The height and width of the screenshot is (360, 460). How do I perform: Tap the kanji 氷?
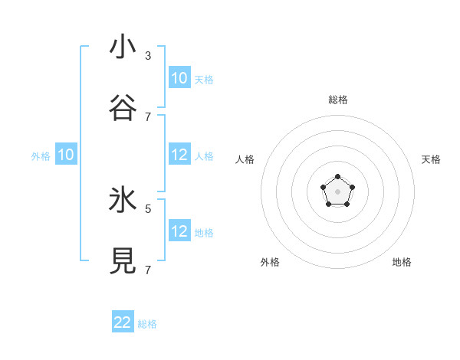pyautogui.click(x=123, y=200)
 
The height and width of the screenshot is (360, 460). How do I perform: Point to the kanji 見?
pyautogui.click(x=123, y=261)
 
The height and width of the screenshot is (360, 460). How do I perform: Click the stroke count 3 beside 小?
pyautogui.click(x=148, y=56)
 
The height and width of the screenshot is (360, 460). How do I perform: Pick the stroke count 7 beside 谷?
pyautogui.click(x=148, y=117)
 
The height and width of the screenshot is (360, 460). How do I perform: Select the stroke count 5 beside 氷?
pyautogui.click(x=148, y=208)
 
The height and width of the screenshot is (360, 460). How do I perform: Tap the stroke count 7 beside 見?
pyautogui.click(x=148, y=270)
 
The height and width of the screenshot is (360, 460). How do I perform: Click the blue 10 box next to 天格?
pyautogui.click(x=179, y=78)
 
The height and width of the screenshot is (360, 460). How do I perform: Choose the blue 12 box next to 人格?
pyautogui.click(x=179, y=155)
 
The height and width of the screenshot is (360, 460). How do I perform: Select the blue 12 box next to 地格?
pyautogui.click(x=179, y=231)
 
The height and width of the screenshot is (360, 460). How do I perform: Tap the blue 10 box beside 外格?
pyautogui.click(x=66, y=155)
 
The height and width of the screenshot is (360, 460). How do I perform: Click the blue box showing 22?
pyautogui.click(x=123, y=322)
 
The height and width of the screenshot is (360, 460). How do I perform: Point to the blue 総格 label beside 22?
pyautogui.click(x=147, y=324)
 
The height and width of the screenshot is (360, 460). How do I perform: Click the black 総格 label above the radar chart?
pyautogui.click(x=338, y=100)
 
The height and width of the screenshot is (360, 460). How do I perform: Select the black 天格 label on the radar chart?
pyautogui.click(x=432, y=159)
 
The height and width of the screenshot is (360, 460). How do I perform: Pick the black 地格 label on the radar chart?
pyautogui.click(x=402, y=262)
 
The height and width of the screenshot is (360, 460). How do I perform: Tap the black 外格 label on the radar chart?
pyautogui.click(x=270, y=262)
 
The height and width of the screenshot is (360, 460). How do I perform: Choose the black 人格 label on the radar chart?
pyautogui.click(x=245, y=159)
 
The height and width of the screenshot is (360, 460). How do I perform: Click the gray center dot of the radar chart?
pyautogui.click(x=337, y=191)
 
